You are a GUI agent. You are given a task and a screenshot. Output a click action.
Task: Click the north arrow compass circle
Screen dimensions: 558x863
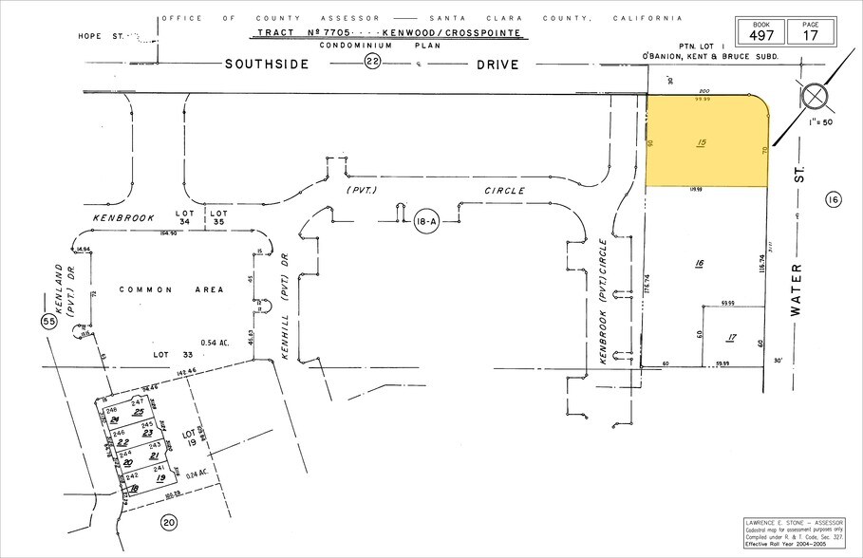pos(814,97)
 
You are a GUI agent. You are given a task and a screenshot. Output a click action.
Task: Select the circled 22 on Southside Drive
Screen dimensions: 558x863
pos(372,64)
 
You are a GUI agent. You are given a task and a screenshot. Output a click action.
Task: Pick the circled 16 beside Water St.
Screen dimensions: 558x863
pos(834,199)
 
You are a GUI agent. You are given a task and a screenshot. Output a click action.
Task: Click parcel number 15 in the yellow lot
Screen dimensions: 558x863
pos(702,144)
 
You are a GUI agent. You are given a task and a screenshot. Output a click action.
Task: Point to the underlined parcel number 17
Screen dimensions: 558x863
pos(730,337)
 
